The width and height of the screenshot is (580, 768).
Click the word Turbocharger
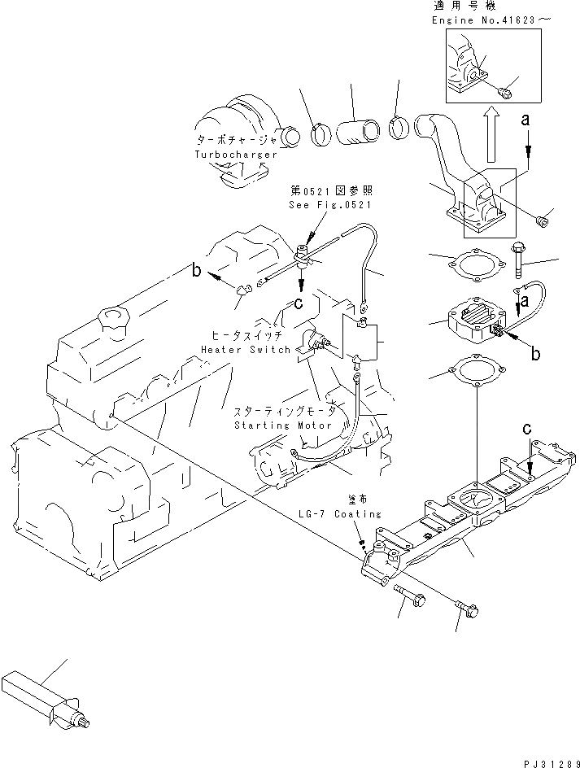[236, 155]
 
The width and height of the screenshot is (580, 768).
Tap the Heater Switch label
[246, 350]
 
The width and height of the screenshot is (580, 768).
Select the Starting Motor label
[283, 425]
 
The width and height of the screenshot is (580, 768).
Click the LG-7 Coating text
[341, 514]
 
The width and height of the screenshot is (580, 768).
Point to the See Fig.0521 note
[330, 205]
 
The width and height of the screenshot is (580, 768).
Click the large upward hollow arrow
[491, 136]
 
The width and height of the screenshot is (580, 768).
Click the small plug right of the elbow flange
[542, 222]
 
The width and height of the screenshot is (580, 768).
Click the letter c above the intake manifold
[526, 430]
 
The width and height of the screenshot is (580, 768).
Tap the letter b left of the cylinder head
[196, 270]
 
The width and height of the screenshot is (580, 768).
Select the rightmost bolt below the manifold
[467, 609]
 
